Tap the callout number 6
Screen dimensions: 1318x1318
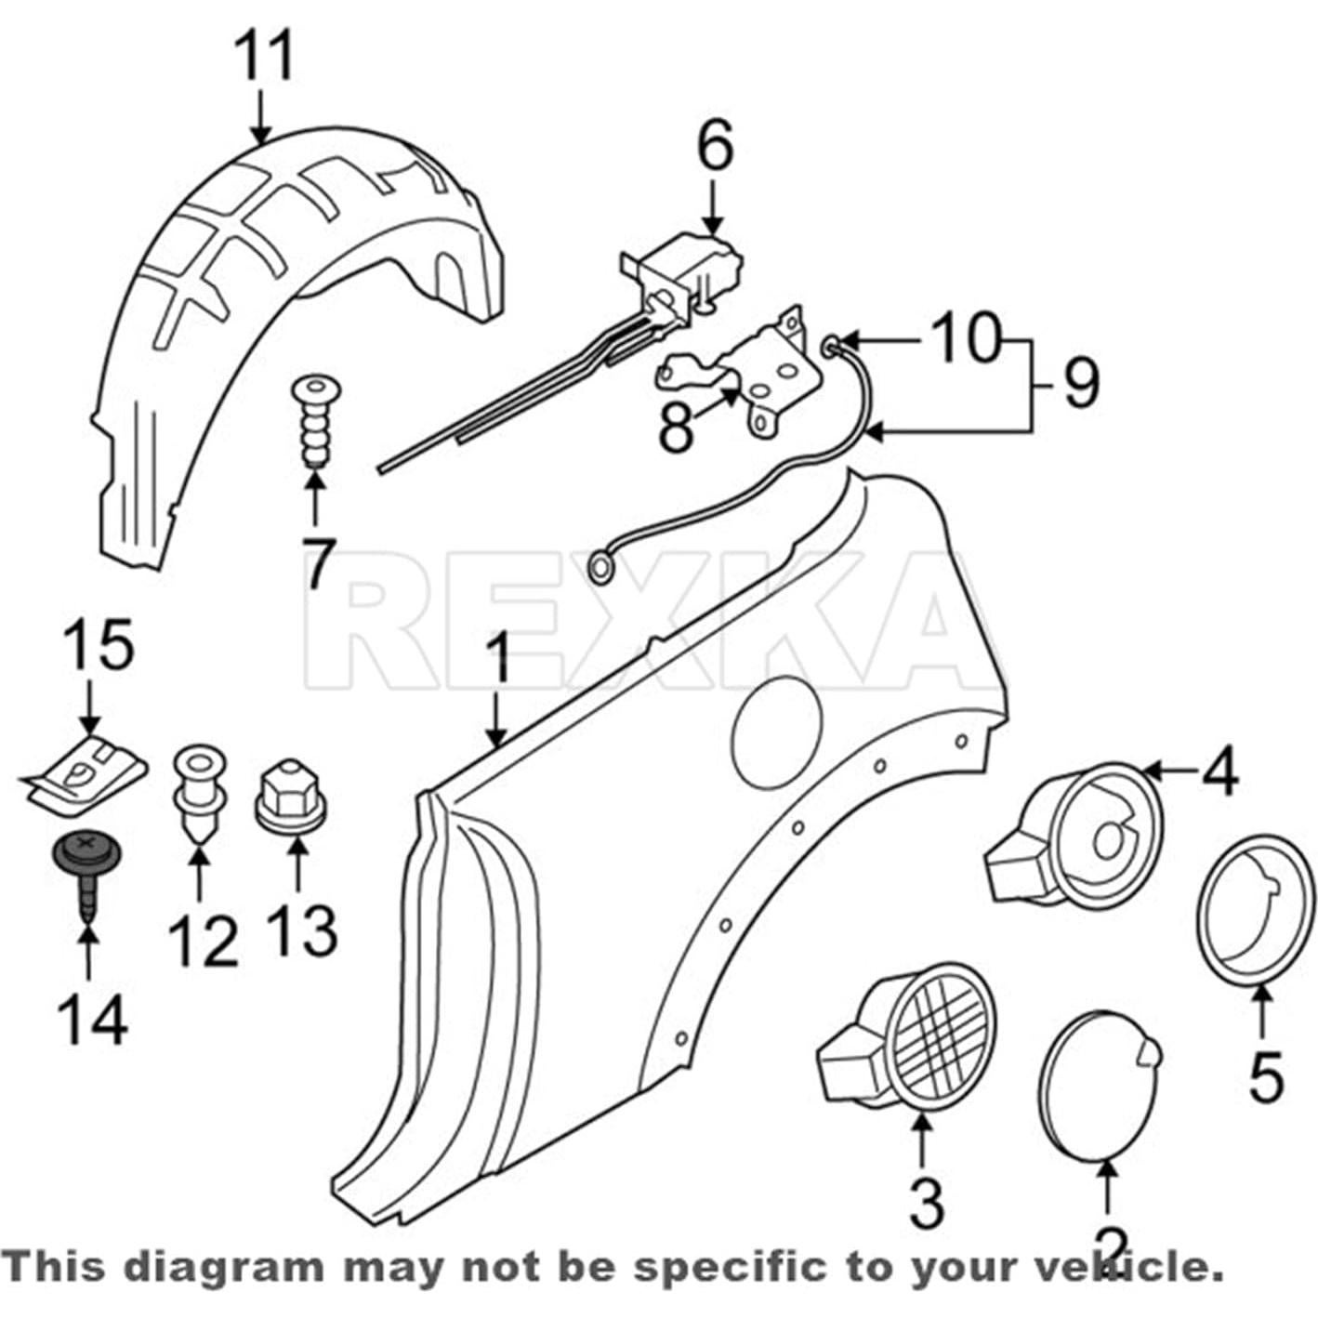[715, 145]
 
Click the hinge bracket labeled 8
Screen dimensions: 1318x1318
[745, 375]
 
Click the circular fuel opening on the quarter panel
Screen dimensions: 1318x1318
[776, 726]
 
